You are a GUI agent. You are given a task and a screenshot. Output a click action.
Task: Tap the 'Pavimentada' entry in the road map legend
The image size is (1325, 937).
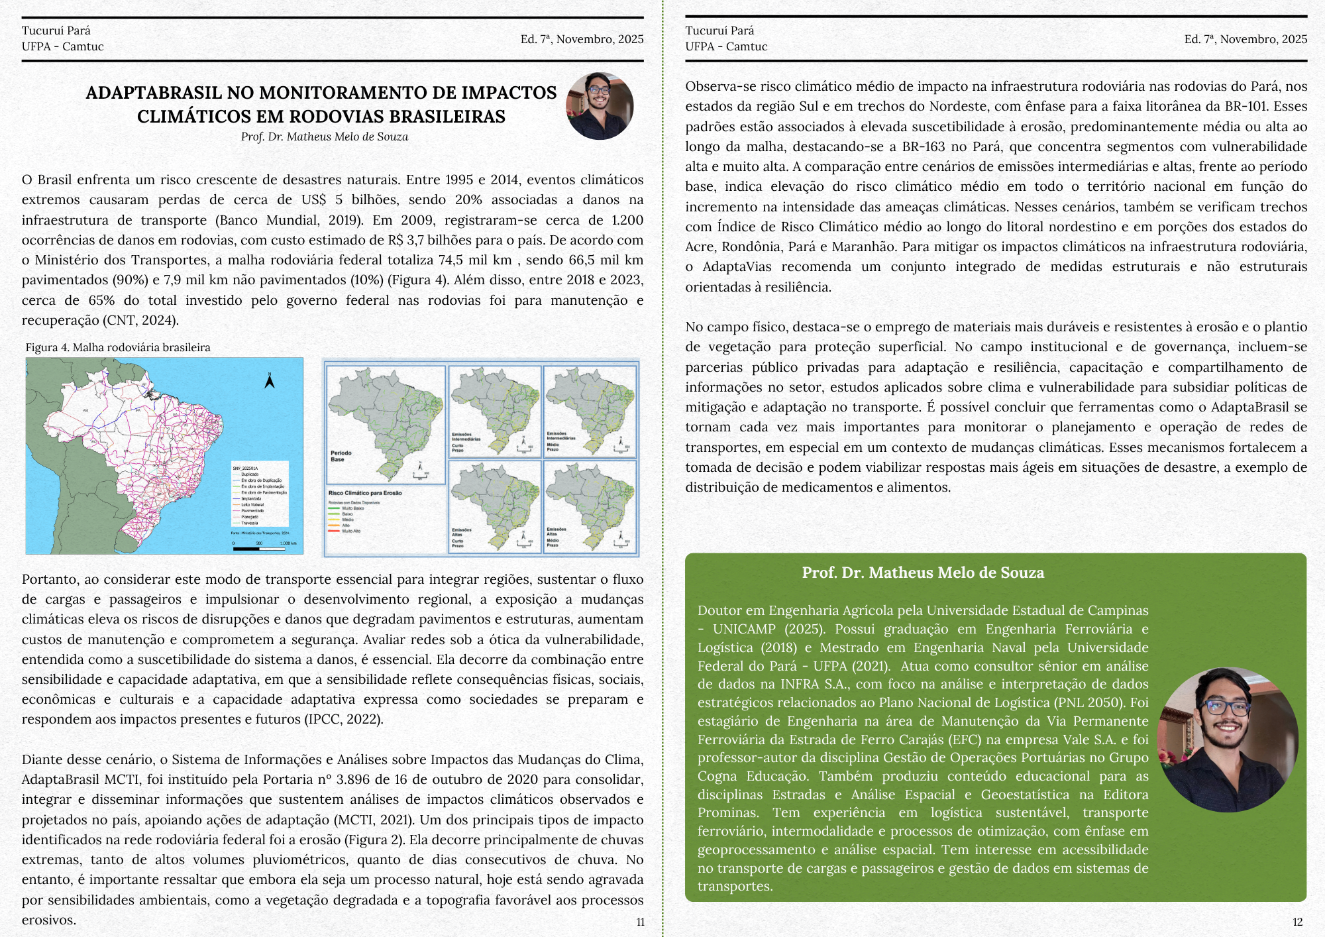[x=252, y=511]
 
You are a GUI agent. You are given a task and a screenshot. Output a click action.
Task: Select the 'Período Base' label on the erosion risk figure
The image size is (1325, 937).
[x=341, y=456]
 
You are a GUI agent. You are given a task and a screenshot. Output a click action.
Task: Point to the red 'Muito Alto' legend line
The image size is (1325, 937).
[x=335, y=531]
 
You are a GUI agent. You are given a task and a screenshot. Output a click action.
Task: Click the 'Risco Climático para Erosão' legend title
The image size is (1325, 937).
[x=365, y=493]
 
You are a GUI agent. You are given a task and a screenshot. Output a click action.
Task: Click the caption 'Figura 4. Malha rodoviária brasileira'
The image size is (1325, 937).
[x=118, y=347]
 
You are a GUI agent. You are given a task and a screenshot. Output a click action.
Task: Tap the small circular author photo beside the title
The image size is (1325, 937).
[x=600, y=106]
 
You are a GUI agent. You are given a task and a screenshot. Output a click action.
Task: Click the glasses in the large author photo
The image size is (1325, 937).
[x=1227, y=706]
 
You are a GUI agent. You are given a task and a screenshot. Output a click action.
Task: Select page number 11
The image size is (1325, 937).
[x=640, y=922]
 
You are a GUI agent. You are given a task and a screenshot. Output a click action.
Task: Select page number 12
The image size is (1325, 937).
[x=1297, y=922]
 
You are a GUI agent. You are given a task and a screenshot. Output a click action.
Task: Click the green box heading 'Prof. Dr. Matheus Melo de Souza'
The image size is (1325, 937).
[x=923, y=573]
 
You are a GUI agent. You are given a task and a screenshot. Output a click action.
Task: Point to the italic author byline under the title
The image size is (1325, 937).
[x=325, y=137]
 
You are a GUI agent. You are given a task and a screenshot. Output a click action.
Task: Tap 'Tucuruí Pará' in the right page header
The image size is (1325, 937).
[x=719, y=30]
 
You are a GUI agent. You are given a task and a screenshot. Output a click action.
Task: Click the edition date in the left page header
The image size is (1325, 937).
[x=582, y=39]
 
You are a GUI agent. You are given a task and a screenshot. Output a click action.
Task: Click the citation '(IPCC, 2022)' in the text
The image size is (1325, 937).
[x=343, y=720]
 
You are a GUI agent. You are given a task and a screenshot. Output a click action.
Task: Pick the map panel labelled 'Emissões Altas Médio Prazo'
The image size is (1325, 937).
[x=590, y=507]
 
